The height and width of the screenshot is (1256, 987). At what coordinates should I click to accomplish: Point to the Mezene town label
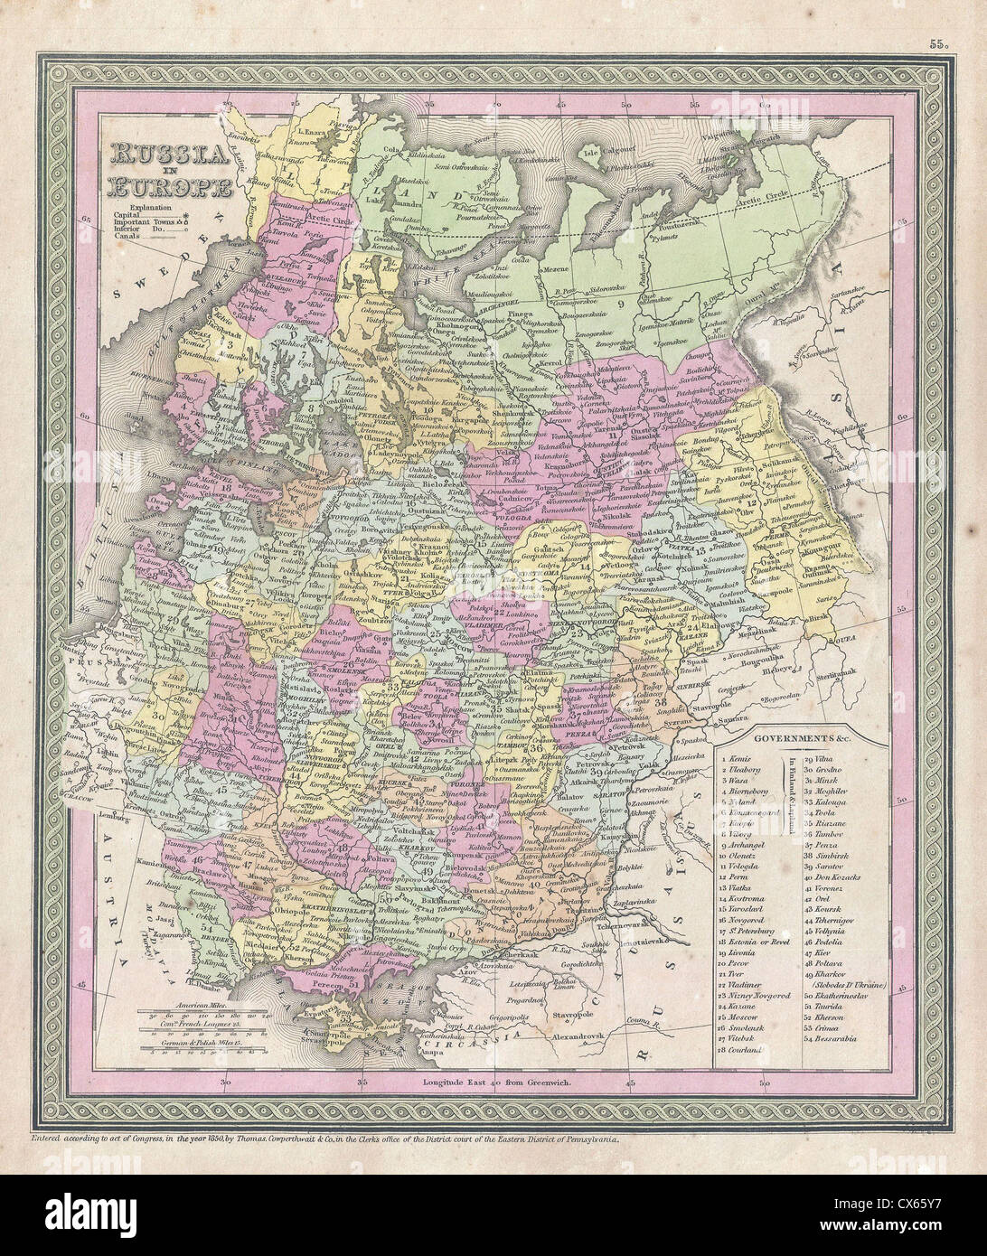(x=556, y=268)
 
